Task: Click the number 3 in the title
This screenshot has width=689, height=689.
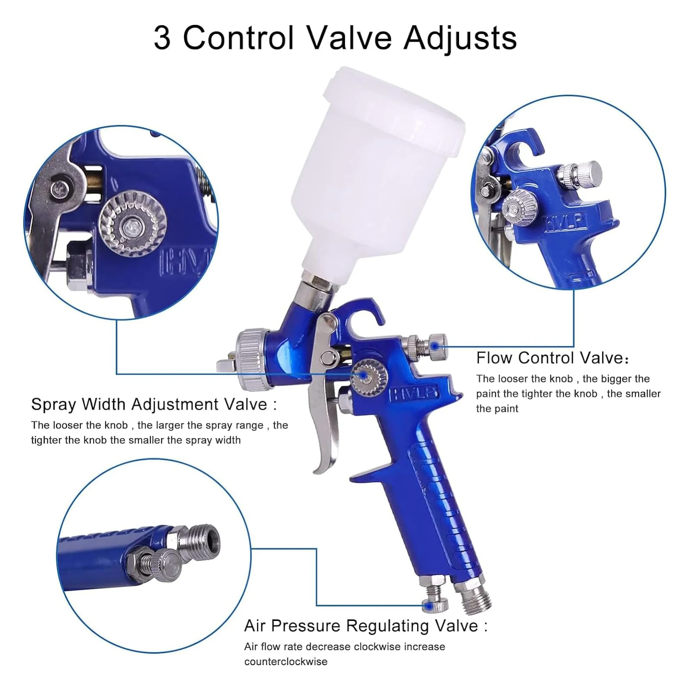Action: coord(162,38)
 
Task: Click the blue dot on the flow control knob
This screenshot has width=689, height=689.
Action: coord(435,346)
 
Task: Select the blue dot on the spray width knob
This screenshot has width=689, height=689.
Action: coord(364,376)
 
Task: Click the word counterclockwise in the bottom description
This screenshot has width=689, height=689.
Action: coord(286,661)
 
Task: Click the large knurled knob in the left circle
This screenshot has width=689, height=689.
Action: coord(133,224)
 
